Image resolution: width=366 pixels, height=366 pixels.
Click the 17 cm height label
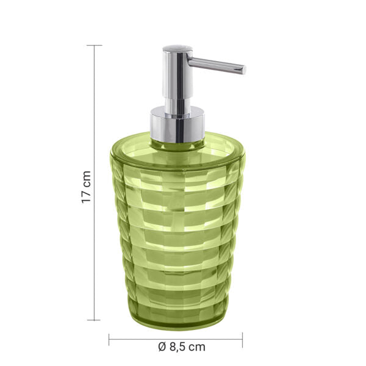click(87, 187)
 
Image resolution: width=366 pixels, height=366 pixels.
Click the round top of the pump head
click(177, 48)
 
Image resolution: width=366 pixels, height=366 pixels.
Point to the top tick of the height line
click(94, 46)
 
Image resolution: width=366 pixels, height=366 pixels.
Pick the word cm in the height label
click(87, 178)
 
